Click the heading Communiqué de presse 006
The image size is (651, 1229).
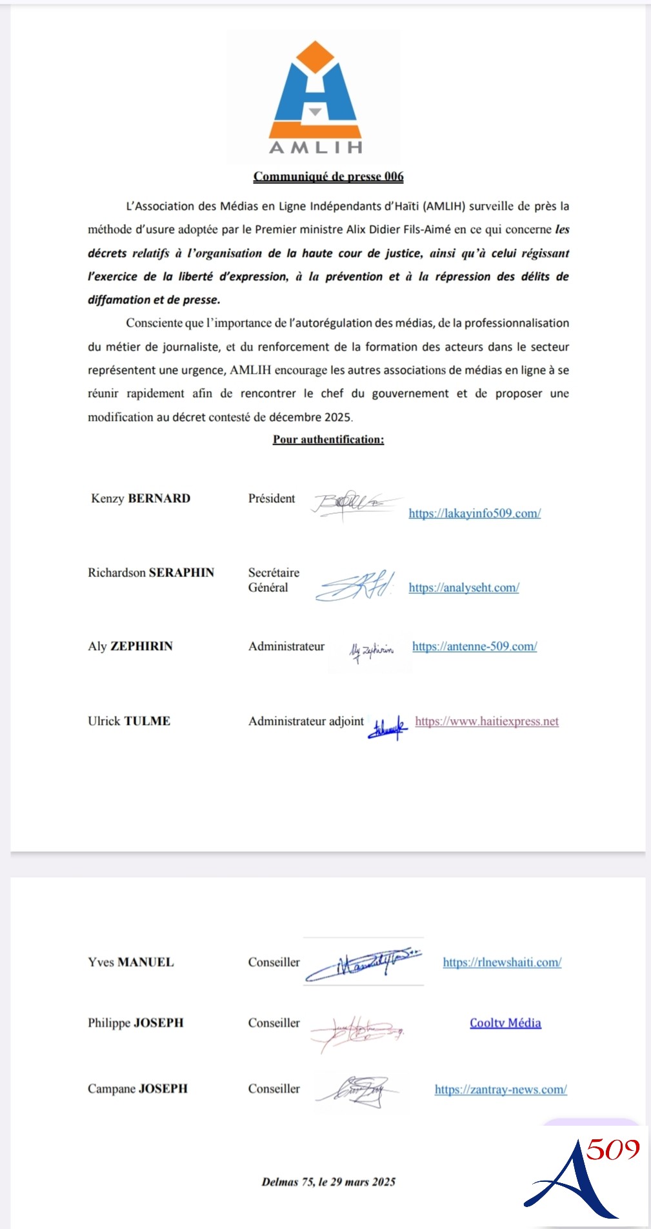point(328,176)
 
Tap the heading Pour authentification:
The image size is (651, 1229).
point(328,440)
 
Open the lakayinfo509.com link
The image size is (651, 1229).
point(475,513)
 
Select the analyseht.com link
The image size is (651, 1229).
point(464,587)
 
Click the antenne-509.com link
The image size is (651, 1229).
point(475,646)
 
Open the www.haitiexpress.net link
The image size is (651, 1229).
point(487,721)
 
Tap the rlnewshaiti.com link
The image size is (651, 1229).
point(502,962)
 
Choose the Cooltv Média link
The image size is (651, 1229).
point(505,1022)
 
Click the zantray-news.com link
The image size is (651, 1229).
point(501,1089)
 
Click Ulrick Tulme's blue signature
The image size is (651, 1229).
point(387,727)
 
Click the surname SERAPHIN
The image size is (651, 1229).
point(181,573)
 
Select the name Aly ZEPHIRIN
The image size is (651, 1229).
point(130,646)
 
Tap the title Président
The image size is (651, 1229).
point(272,498)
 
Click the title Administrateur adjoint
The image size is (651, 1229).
point(306,721)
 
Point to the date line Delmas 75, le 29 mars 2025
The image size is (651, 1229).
point(328,1182)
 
